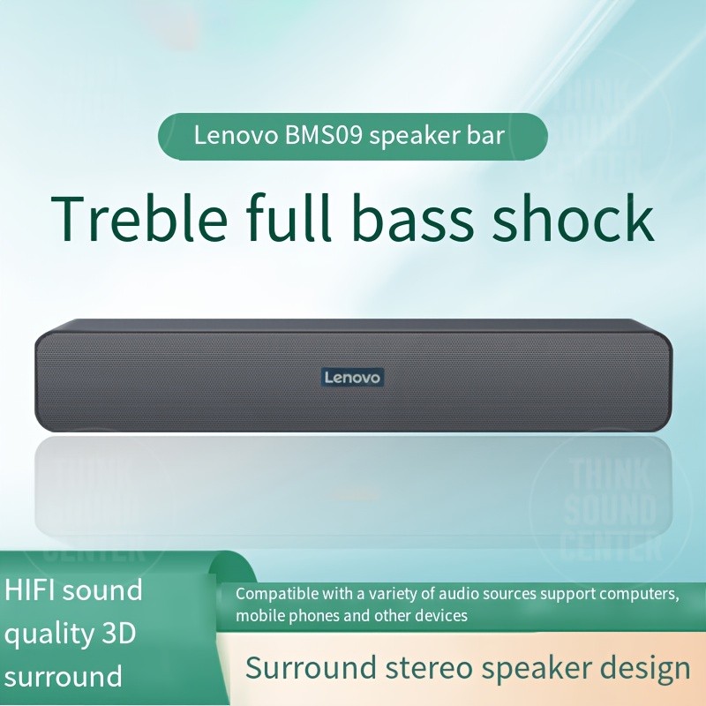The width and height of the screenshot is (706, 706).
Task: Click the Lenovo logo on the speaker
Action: click(352, 378)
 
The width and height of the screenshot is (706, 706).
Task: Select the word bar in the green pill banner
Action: click(485, 137)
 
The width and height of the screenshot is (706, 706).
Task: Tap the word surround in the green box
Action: click(64, 678)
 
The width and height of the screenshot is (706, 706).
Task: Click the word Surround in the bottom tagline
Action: click(301, 668)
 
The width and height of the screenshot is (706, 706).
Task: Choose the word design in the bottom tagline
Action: click(642, 668)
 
